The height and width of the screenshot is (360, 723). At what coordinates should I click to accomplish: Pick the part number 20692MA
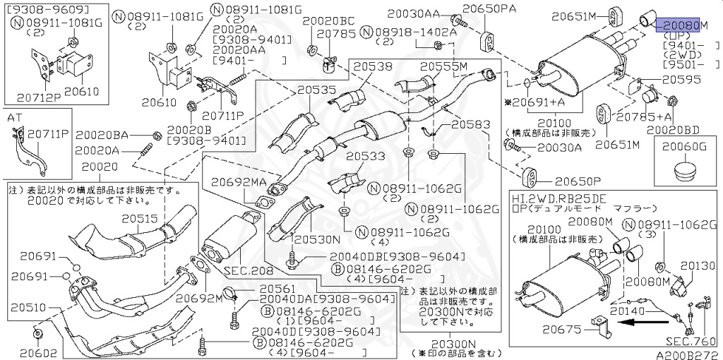[x=238, y=182]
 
